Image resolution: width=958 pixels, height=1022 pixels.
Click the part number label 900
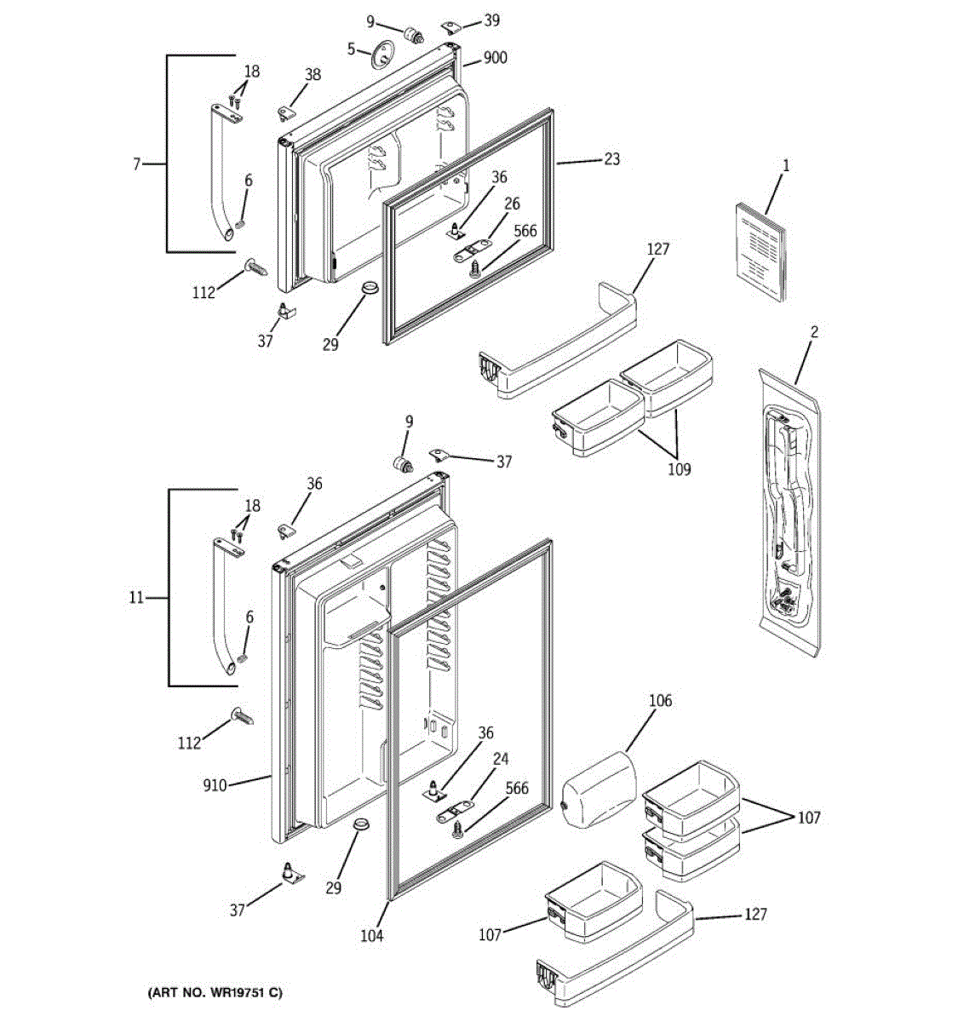click(x=496, y=58)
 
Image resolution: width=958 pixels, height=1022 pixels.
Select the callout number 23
click(x=612, y=159)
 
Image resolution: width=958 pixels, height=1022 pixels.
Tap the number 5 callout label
click(x=351, y=49)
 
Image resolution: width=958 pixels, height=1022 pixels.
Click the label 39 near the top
click(x=491, y=20)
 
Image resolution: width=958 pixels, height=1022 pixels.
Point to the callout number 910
click(x=215, y=785)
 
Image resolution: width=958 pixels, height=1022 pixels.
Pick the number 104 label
click(x=371, y=935)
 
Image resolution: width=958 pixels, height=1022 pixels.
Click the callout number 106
click(x=660, y=700)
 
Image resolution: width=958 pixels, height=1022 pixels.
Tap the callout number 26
click(x=512, y=204)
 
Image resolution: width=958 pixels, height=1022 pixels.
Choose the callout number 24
click(x=501, y=759)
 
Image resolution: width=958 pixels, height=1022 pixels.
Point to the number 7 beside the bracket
click(x=136, y=164)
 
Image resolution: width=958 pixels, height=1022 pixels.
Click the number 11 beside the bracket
click(x=136, y=598)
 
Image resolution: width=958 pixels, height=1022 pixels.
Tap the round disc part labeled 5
click(x=382, y=54)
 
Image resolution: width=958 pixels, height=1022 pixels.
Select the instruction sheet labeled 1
click(x=760, y=251)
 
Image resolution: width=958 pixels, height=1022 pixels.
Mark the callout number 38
click(x=313, y=75)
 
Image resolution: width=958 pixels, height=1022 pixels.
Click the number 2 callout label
click(x=814, y=331)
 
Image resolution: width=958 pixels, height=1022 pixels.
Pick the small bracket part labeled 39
click(x=451, y=26)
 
